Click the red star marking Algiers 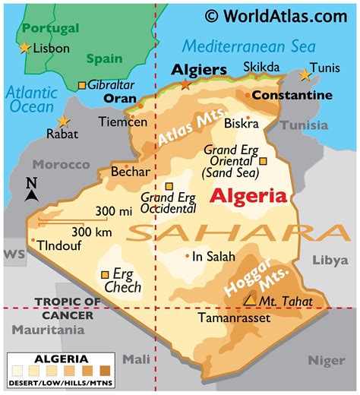[185, 84]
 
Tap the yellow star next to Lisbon [25, 48]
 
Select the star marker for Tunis [305, 74]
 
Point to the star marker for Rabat [62, 122]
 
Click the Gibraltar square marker [82, 85]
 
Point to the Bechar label [130, 172]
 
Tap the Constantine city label [292, 95]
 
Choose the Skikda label [261, 68]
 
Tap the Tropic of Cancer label [67, 308]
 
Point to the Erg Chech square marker [105, 275]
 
